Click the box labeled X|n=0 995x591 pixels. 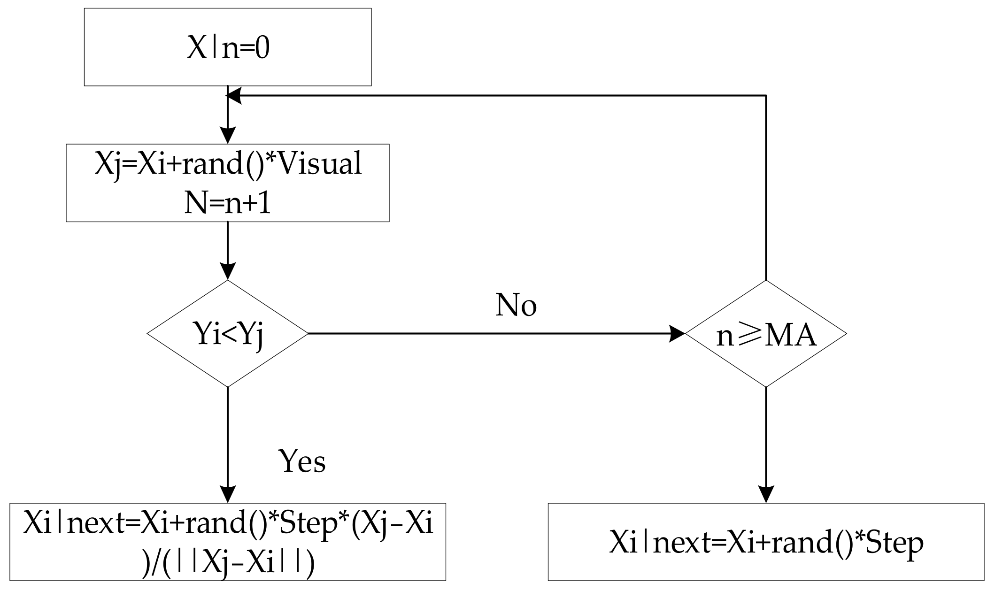coord(228,47)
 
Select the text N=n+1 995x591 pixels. coord(228,205)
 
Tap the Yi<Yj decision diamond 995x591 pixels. coord(228,334)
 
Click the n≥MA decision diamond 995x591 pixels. coord(766,334)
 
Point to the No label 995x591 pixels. coord(516,306)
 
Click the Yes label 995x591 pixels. coord(302,461)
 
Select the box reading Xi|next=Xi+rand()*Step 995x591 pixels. coord(766,542)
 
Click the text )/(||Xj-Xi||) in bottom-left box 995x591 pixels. coord(228,564)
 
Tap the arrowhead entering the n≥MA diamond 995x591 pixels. coord(677,334)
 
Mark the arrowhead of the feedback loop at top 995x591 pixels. coord(234,96)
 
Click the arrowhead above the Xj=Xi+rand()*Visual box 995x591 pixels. coord(228,136)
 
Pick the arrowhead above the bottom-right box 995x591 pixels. coord(766,495)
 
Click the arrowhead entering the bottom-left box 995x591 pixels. coord(228,495)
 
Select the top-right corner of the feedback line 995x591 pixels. coord(766,96)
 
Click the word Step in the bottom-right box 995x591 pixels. coord(895,543)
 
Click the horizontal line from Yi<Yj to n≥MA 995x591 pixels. coord(470,334)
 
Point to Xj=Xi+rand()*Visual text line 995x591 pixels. coord(228,164)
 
